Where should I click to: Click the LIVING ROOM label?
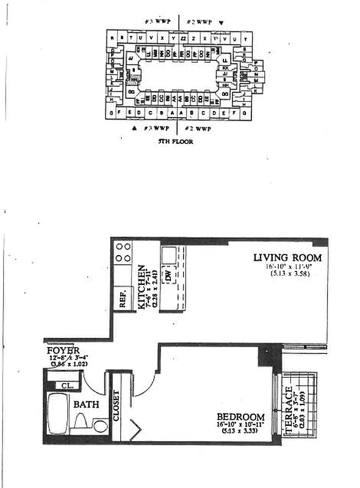tap(288, 258)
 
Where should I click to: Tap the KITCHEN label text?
tap(142, 287)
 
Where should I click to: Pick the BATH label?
tap(85, 404)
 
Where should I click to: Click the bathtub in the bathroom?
tap(59, 414)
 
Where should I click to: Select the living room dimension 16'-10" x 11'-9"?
tap(287, 267)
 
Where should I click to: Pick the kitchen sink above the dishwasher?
tap(169, 253)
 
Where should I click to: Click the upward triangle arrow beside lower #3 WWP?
tap(134, 129)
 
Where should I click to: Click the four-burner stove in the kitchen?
tap(124, 253)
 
